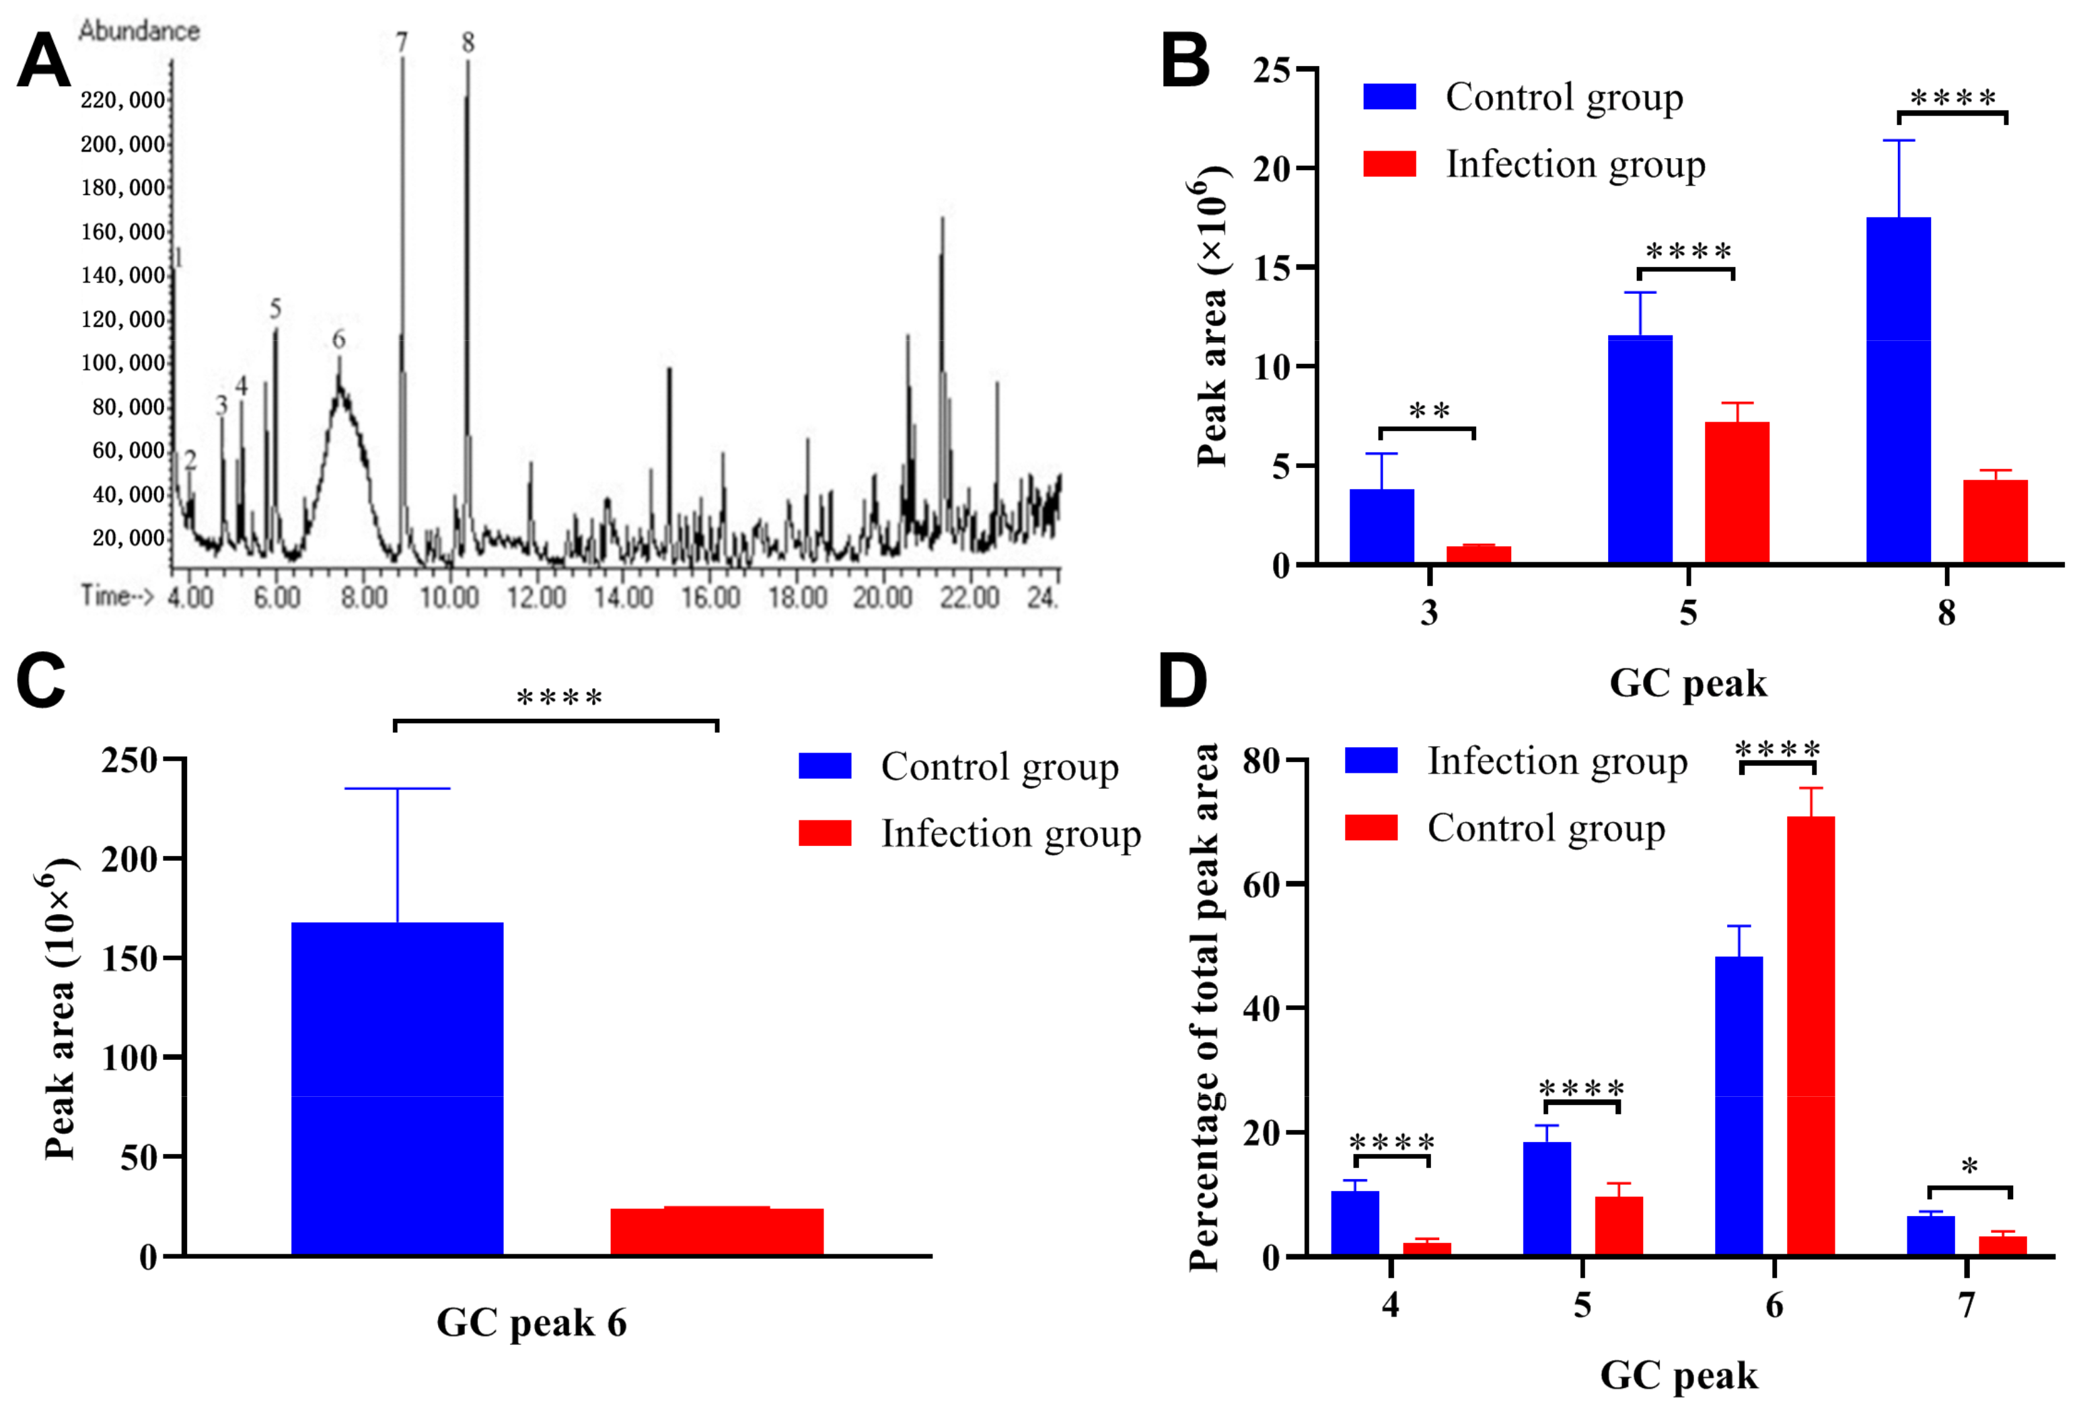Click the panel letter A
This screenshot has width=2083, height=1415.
coord(43,61)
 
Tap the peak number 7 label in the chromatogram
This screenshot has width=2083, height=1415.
coord(402,41)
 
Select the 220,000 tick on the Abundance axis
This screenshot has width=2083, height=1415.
coord(123,100)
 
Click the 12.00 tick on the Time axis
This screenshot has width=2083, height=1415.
coord(536,597)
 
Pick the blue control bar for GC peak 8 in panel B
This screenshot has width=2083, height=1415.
coord(1899,390)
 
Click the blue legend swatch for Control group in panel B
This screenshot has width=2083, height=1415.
coord(1389,97)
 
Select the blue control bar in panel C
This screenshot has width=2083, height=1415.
coord(397,1088)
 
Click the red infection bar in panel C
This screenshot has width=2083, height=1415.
coord(717,1231)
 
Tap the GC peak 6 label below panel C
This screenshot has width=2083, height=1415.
coord(532,1323)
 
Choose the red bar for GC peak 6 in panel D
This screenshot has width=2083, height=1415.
coord(1811,1035)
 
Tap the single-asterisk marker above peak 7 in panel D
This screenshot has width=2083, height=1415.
coord(1969,1167)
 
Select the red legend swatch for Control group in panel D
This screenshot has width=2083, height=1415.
coord(1371,827)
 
